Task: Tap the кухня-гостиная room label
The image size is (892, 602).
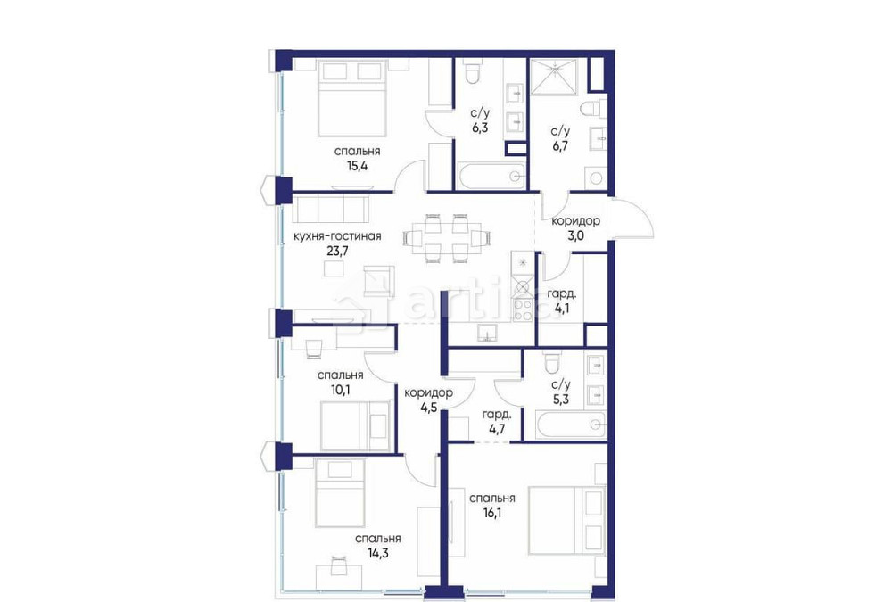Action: (x=337, y=236)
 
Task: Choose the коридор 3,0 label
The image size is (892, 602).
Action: (x=575, y=228)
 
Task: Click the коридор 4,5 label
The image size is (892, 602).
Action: (x=428, y=400)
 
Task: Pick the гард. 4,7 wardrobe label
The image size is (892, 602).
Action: (x=496, y=422)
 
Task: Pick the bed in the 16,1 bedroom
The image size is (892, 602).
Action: (x=567, y=520)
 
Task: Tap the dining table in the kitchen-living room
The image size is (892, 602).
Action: (x=445, y=238)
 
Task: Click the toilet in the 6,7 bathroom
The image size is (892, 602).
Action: (x=590, y=111)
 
